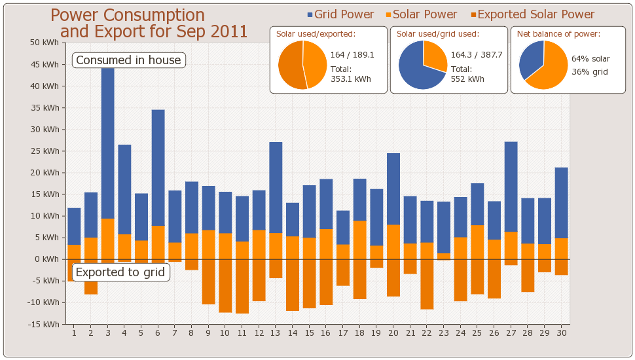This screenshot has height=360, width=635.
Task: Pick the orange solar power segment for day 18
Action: pyautogui.click(x=359, y=240)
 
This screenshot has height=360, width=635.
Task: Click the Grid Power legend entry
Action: pyautogui.click(x=340, y=14)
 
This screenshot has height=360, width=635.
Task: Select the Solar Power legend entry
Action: pyautogui.click(x=419, y=14)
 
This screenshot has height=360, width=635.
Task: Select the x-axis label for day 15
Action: pyautogui.click(x=309, y=333)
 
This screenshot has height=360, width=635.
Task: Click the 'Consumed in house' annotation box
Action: pyautogui.click(x=128, y=60)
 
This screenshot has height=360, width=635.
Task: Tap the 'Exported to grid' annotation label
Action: pyautogui.click(x=120, y=272)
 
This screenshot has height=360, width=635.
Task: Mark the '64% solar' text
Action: pyautogui.click(x=590, y=59)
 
